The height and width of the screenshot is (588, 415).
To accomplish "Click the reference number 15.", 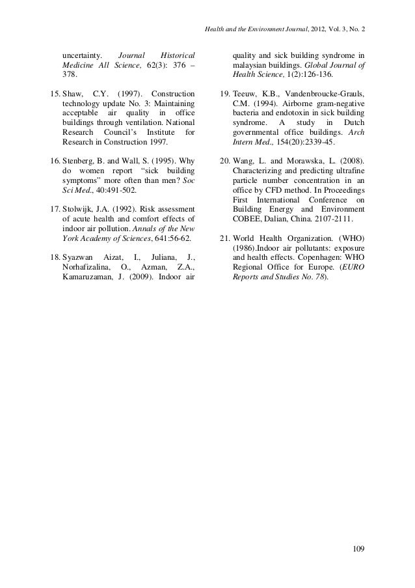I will [x=55, y=96].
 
